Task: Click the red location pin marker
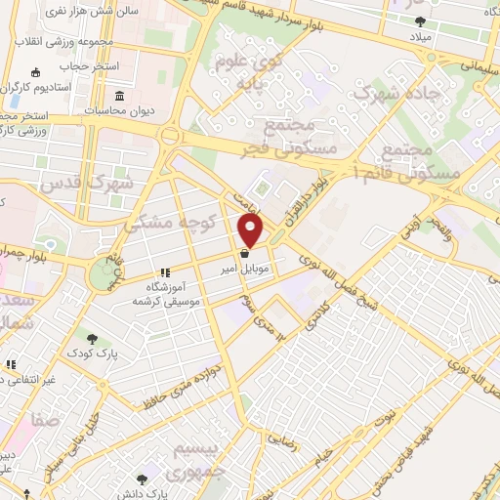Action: pos(251,230)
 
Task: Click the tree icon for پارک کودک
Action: pos(92,338)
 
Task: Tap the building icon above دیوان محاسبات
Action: pos(119,96)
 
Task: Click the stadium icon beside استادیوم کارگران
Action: pos(36,72)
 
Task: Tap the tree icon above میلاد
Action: pos(420,21)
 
